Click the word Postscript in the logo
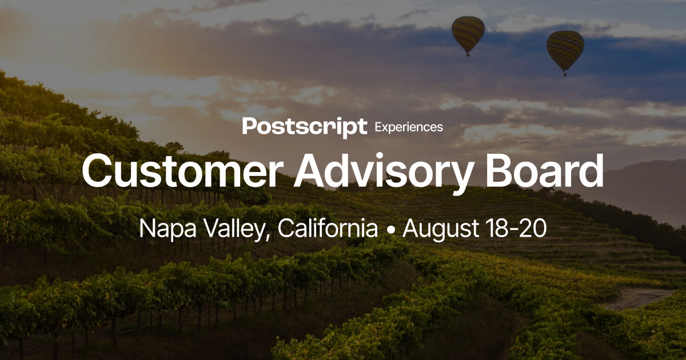(304, 126)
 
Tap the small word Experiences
(408, 127)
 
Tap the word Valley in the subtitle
(234, 229)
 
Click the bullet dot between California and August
(391, 230)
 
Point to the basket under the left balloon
(468, 54)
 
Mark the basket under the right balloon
(565, 74)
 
